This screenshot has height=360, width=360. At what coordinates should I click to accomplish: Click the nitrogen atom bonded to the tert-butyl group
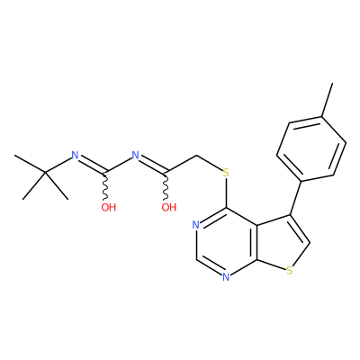coord(75,155)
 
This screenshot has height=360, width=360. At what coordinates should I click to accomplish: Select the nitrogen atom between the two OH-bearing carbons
coord(136,155)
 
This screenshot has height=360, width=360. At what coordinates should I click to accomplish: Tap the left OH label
coord(108,207)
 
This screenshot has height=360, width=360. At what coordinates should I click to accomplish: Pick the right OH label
coord(169,207)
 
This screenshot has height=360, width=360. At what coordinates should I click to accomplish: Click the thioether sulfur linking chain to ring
coord(226,173)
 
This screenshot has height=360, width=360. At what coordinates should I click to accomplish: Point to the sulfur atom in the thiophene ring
coord(289,271)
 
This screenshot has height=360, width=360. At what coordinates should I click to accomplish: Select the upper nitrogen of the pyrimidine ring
coord(196,225)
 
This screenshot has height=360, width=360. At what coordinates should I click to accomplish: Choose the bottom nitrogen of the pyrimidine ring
coord(226,277)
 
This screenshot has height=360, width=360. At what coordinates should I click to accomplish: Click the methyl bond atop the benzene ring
coord(328,100)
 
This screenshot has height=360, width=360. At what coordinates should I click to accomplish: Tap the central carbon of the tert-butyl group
coord(46,173)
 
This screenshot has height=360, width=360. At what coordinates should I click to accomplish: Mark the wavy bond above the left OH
coord(105,186)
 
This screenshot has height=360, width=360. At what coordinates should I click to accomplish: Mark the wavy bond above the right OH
coord(166,186)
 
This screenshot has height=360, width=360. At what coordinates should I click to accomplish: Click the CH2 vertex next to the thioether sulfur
coord(196,156)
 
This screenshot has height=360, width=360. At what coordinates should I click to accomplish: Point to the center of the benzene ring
coord(311,148)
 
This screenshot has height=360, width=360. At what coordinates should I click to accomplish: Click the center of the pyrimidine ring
coord(227,242)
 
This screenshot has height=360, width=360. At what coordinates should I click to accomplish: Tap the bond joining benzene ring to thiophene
coord(295,198)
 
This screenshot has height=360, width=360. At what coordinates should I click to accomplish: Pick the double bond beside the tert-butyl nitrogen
coord(92,165)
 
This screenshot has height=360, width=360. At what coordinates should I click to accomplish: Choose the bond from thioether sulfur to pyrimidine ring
coord(226,193)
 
